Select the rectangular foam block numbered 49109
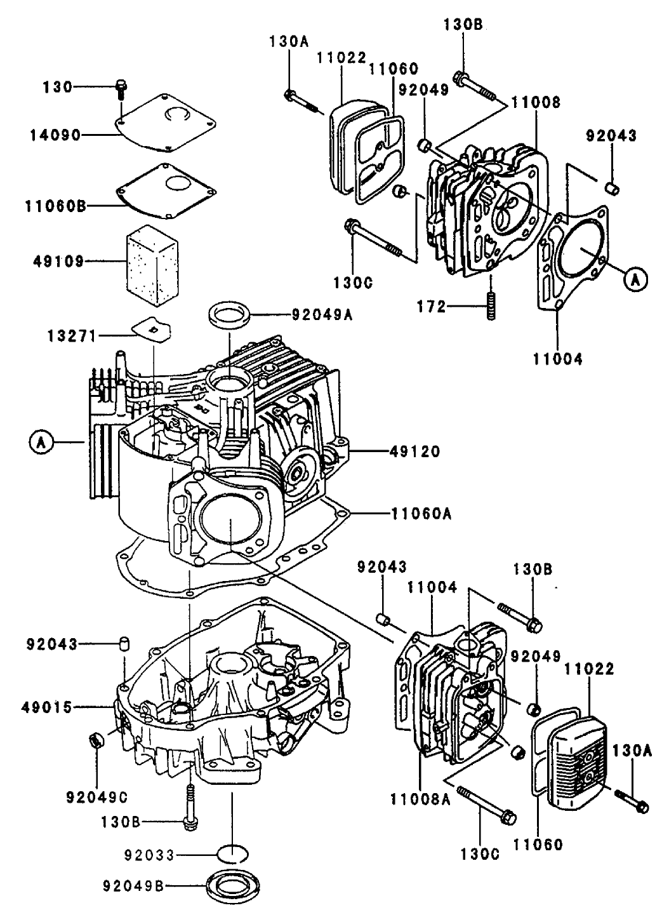[x=150, y=260]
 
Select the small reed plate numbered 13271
[x=153, y=329]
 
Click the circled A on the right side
[x=635, y=279]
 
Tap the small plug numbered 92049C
[x=96, y=740]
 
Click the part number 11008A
[x=420, y=799]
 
